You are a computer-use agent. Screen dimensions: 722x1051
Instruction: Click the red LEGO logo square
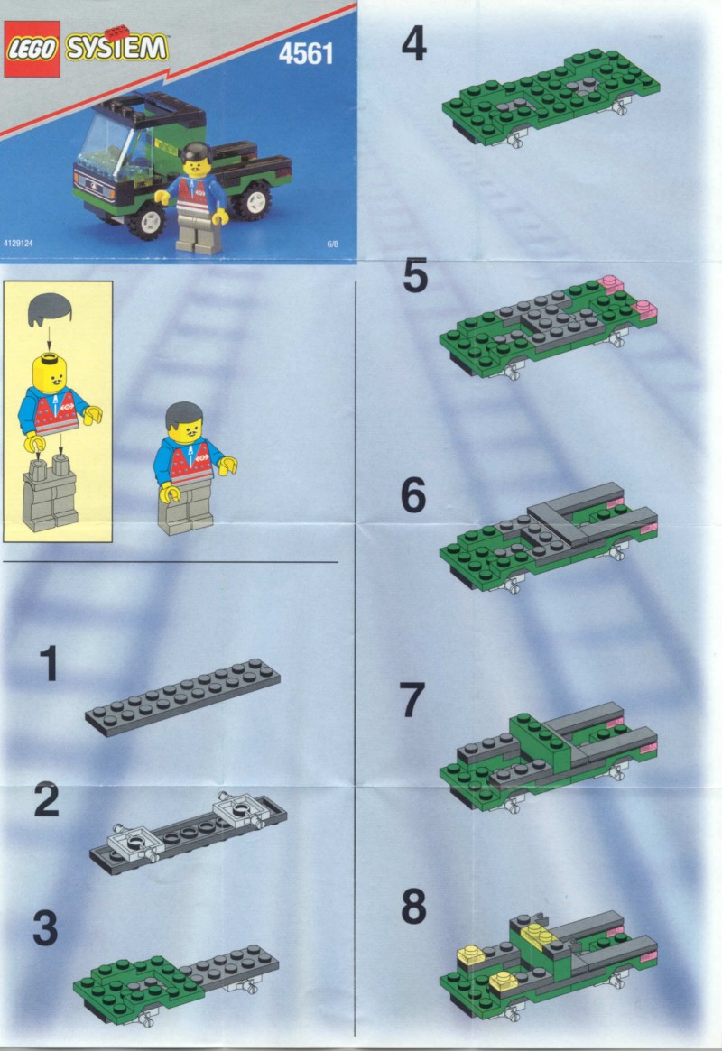tap(32, 49)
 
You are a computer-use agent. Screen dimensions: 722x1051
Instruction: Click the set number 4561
tap(306, 54)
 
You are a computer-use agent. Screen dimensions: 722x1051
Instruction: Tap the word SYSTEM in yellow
tap(116, 48)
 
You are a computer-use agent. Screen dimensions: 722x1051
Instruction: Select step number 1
tap(48, 664)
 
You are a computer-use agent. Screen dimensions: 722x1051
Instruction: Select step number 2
tap(46, 799)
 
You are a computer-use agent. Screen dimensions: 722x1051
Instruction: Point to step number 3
tap(45, 928)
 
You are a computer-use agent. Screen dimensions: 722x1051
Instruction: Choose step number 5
tap(415, 277)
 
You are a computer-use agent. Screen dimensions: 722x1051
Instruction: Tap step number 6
tap(413, 496)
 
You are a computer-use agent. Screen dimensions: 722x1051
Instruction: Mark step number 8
tap(413, 907)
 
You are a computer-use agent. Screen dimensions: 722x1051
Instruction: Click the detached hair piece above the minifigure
tap(51, 310)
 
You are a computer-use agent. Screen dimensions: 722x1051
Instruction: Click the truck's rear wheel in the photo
tap(255, 198)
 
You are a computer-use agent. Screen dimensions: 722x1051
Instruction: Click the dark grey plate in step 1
tap(183, 697)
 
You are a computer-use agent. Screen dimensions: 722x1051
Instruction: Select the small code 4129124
tap(18, 244)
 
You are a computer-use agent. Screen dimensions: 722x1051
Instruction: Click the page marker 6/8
tap(332, 244)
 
